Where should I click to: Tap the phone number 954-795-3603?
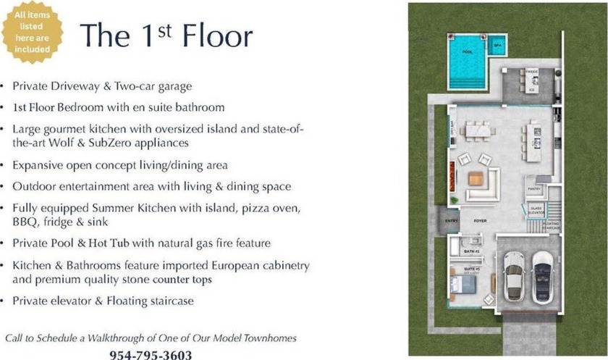pos(151,354)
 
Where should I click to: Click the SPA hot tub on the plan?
pos(497,45)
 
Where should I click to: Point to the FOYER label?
pos(479,220)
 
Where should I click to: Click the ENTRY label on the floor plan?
pos(452,220)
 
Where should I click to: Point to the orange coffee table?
pos(475,178)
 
